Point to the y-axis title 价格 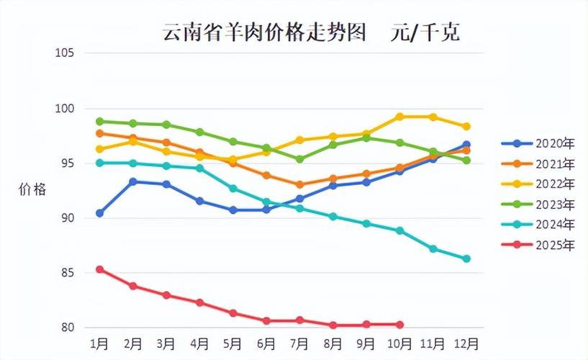pyautogui.click(x=32, y=190)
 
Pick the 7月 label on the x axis pyautogui.click(x=299, y=343)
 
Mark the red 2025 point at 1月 pyautogui.click(x=100, y=269)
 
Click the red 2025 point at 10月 pyautogui.click(x=399, y=325)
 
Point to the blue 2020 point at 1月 pyautogui.click(x=100, y=213)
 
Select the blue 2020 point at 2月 pyautogui.click(x=133, y=181)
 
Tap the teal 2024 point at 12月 pyautogui.click(x=466, y=258)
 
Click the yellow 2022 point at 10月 pyautogui.click(x=399, y=117)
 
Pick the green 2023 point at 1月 pyautogui.click(x=100, y=121)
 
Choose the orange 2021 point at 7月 pyautogui.click(x=299, y=184)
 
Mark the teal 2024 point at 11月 pyautogui.click(x=433, y=248)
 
